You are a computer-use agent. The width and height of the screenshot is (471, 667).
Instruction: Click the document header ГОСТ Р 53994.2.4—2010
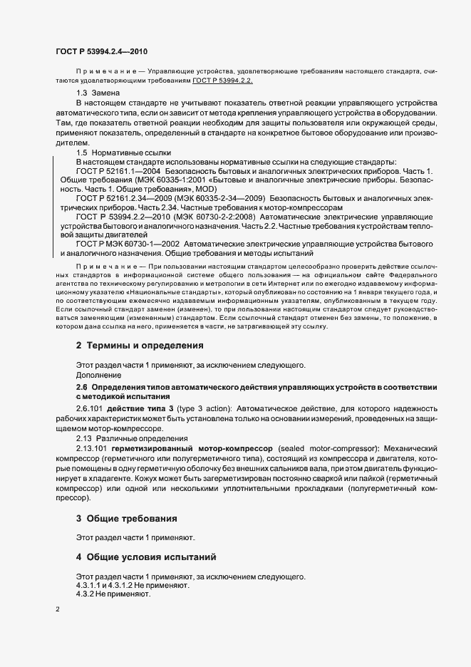[102, 52]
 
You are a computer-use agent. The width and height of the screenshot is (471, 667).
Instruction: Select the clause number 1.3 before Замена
[81, 94]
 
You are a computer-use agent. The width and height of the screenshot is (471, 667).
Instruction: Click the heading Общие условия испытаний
[151, 556]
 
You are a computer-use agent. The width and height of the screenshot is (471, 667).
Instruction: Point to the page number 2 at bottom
[58, 609]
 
